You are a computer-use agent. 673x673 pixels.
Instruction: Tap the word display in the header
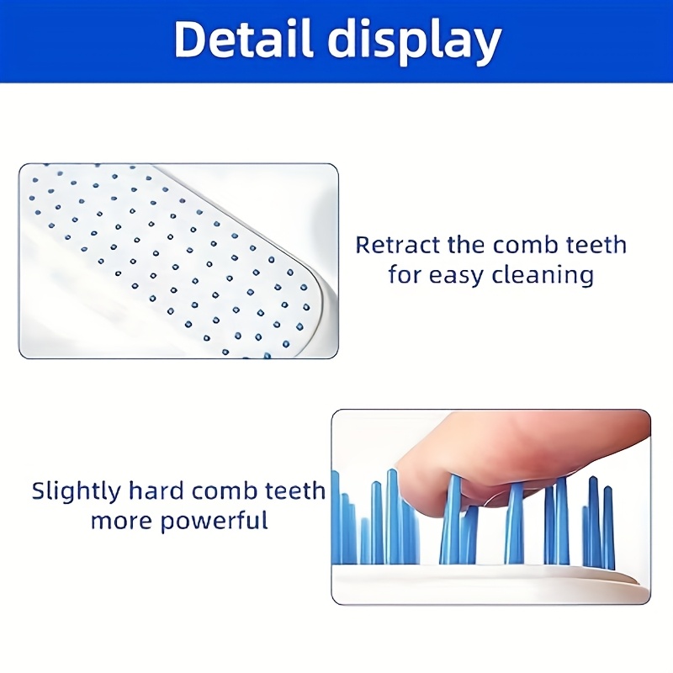pyautogui.click(x=417, y=40)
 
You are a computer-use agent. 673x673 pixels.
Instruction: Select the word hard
pyautogui.click(x=156, y=491)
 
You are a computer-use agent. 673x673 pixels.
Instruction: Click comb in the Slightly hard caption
pyautogui.click(x=225, y=491)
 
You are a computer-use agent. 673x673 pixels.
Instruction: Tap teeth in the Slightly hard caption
pyautogui.click(x=294, y=491)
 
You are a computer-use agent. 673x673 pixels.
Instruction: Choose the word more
pyautogui.click(x=122, y=521)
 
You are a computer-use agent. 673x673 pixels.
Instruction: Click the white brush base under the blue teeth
pyautogui.click(x=488, y=582)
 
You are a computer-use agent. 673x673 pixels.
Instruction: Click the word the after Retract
pyautogui.click(x=462, y=246)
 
